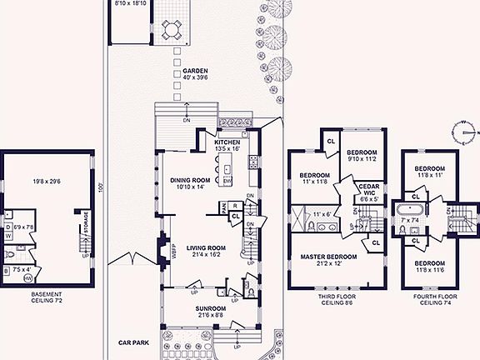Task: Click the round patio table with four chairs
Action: (x=172, y=31)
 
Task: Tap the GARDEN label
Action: (x=195, y=72)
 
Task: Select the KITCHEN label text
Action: (x=227, y=142)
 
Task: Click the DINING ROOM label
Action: (x=192, y=179)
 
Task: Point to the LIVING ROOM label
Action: (x=207, y=247)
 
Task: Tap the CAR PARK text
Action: (x=132, y=342)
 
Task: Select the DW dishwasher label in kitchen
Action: (x=227, y=181)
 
